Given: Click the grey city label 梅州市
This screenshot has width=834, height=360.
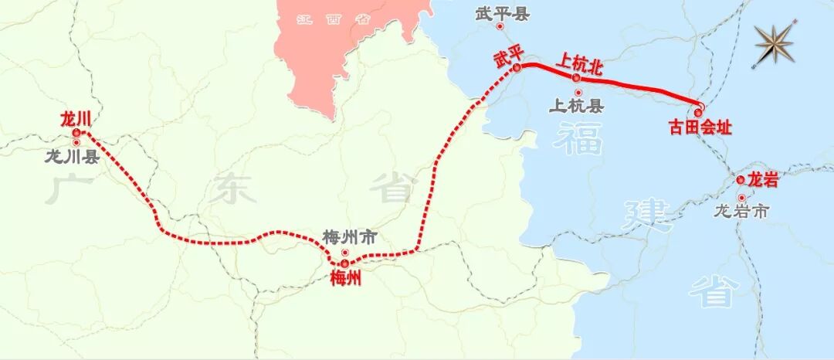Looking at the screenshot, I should (350, 238).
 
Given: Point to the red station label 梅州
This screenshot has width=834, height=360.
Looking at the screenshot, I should (345, 279).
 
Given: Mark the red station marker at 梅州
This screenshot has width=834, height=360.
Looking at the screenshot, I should (344, 263).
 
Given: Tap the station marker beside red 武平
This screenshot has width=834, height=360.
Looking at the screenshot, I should (516, 68).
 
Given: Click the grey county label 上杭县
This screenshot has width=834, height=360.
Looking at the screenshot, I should (576, 106).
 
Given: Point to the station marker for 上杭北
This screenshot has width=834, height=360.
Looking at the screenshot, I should (576, 78).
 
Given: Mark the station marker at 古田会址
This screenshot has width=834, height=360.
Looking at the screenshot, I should (699, 112).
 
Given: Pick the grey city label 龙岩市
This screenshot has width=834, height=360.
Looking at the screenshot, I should (741, 210).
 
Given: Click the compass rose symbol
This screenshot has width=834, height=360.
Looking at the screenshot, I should (775, 44).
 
